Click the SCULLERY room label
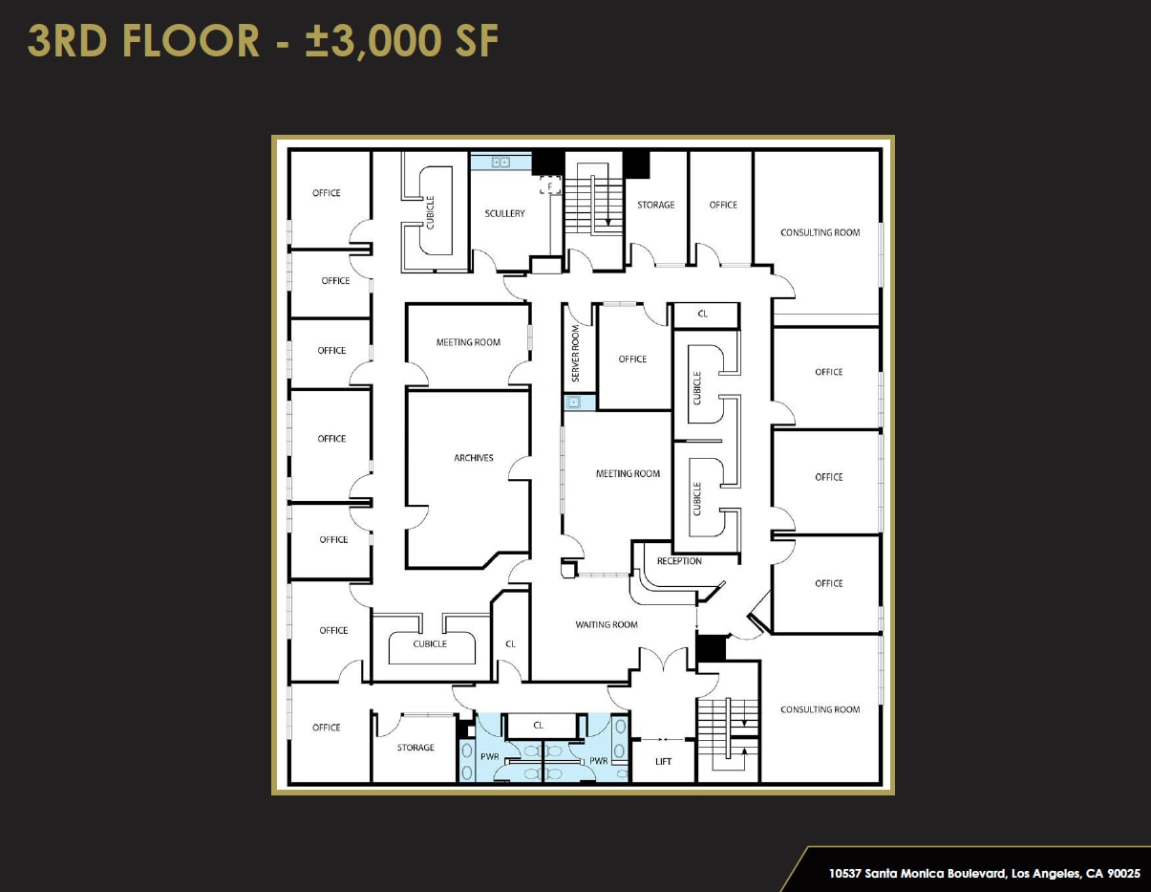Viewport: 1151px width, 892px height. [504, 213]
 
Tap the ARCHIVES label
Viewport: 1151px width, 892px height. [474, 458]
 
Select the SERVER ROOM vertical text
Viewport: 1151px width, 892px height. [576, 354]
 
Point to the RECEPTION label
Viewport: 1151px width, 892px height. [679, 561]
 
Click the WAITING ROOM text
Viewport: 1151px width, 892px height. [606, 625]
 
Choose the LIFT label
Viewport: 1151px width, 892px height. [664, 762]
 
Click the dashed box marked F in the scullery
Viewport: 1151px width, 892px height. [550, 185]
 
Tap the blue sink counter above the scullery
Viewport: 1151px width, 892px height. [500, 163]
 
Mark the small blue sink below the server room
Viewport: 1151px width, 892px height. [574, 402]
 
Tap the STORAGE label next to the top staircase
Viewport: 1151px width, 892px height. [656, 205]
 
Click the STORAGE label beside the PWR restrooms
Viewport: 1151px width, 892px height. [416, 748]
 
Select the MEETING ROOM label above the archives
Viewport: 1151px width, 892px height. [468, 342]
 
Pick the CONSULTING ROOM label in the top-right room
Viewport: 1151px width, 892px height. [820, 232]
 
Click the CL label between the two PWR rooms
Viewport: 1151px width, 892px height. [539, 726]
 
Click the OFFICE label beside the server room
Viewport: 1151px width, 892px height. [632, 359]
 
